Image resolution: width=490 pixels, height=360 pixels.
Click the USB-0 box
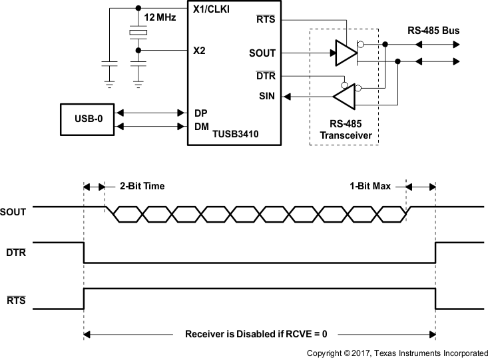pos(87,119)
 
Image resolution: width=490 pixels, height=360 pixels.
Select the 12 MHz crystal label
pos(160,17)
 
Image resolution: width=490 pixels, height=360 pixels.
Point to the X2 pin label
pos(198,51)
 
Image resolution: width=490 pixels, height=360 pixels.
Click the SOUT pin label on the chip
pos(262,53)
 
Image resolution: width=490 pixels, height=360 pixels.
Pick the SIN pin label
pos(267,97)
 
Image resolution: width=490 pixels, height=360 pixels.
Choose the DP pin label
pos(200,113)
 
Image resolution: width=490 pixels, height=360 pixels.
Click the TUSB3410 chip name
pos(235,134)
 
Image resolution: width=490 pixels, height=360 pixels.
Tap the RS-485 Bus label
pos(433,31)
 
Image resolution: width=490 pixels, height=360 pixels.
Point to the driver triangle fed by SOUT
pos(345,53)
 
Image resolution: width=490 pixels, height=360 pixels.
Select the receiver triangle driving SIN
pos(344,97)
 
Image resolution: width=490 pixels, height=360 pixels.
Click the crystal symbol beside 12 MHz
pos(138,33)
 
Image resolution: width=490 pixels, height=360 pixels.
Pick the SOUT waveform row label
pos(15,212)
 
